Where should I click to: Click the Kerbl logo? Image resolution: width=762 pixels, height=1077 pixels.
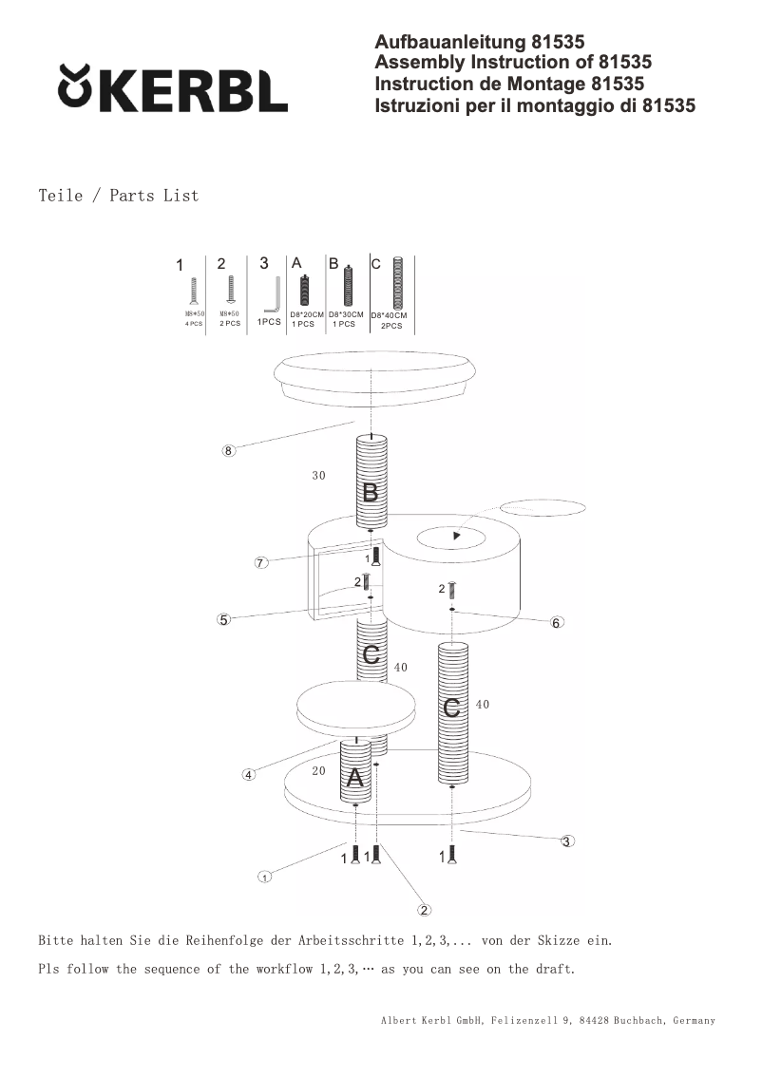pos(173,88)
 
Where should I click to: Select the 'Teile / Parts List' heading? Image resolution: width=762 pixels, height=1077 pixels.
pos(119,196)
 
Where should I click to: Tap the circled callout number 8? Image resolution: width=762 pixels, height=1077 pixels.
pos(228,450)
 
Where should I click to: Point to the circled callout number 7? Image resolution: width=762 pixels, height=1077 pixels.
pos(259,562)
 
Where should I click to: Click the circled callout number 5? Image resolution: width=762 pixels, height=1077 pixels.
pos(223,619)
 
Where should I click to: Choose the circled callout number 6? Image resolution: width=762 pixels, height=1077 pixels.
pos(557,622)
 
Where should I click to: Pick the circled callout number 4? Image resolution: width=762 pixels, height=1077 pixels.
pos(249,775)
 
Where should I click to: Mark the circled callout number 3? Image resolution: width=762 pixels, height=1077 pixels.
pos(567,841)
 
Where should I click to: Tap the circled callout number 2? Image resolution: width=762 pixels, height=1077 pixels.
pos(425,910)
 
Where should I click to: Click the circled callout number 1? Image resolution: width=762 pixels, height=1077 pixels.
pos(264,877)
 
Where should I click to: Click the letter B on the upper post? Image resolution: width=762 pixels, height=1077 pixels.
pos(371,493)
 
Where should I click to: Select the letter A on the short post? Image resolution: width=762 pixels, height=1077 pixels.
pos(354,778)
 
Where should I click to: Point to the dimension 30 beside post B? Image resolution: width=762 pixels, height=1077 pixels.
pos(319,475)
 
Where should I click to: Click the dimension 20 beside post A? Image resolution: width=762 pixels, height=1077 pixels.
pos(319,770)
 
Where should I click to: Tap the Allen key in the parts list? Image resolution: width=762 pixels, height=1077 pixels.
pos(273,294)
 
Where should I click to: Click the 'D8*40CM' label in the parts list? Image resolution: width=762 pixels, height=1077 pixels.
pos(389,315)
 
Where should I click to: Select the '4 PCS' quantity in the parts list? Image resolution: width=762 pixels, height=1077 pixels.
pos(194,324)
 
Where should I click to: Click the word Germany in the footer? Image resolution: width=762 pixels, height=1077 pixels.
pos(694,1021)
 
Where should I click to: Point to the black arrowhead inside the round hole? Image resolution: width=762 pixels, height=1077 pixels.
pos(456,536)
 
